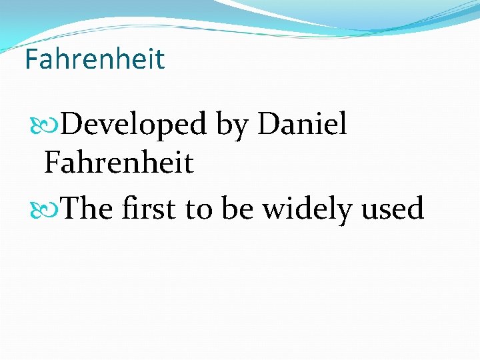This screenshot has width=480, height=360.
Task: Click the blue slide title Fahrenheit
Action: [94, 59]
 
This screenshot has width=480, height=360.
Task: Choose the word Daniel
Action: [302, 124]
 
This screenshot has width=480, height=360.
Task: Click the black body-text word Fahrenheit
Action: [119, 163]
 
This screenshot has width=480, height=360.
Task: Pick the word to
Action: [199, 211]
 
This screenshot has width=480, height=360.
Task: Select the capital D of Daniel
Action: [268, 124]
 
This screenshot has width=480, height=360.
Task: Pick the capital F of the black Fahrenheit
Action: [52, 163]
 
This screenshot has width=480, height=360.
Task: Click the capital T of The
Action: [72, 209]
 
